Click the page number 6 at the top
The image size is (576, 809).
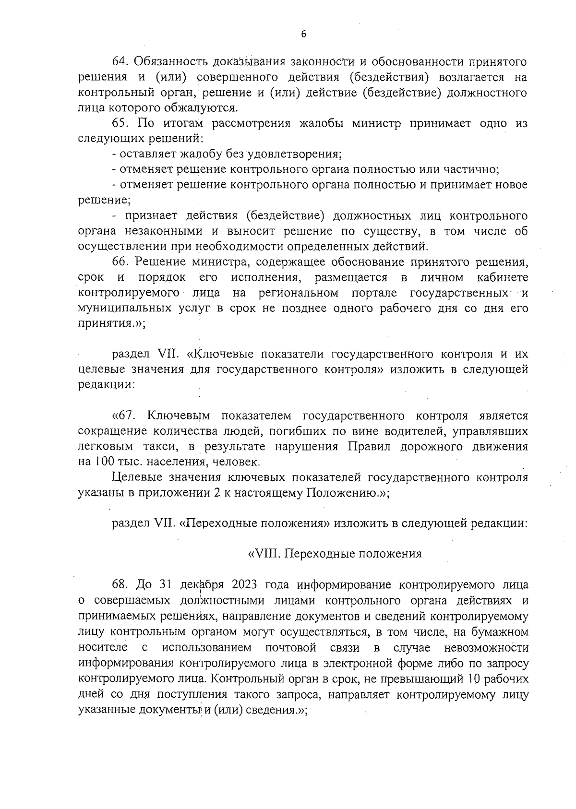[x=303, y=34]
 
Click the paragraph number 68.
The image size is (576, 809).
[x=120, y=585]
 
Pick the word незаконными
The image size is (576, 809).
[x=164, y=231]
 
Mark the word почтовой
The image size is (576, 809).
[x=290, y=648]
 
